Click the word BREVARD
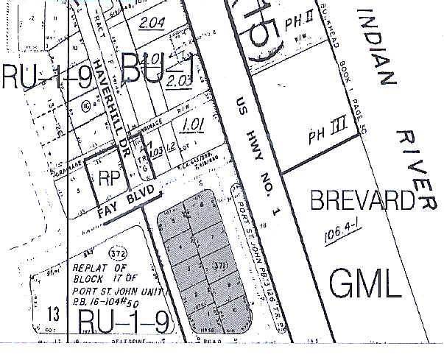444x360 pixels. click(x=360, y=200)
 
